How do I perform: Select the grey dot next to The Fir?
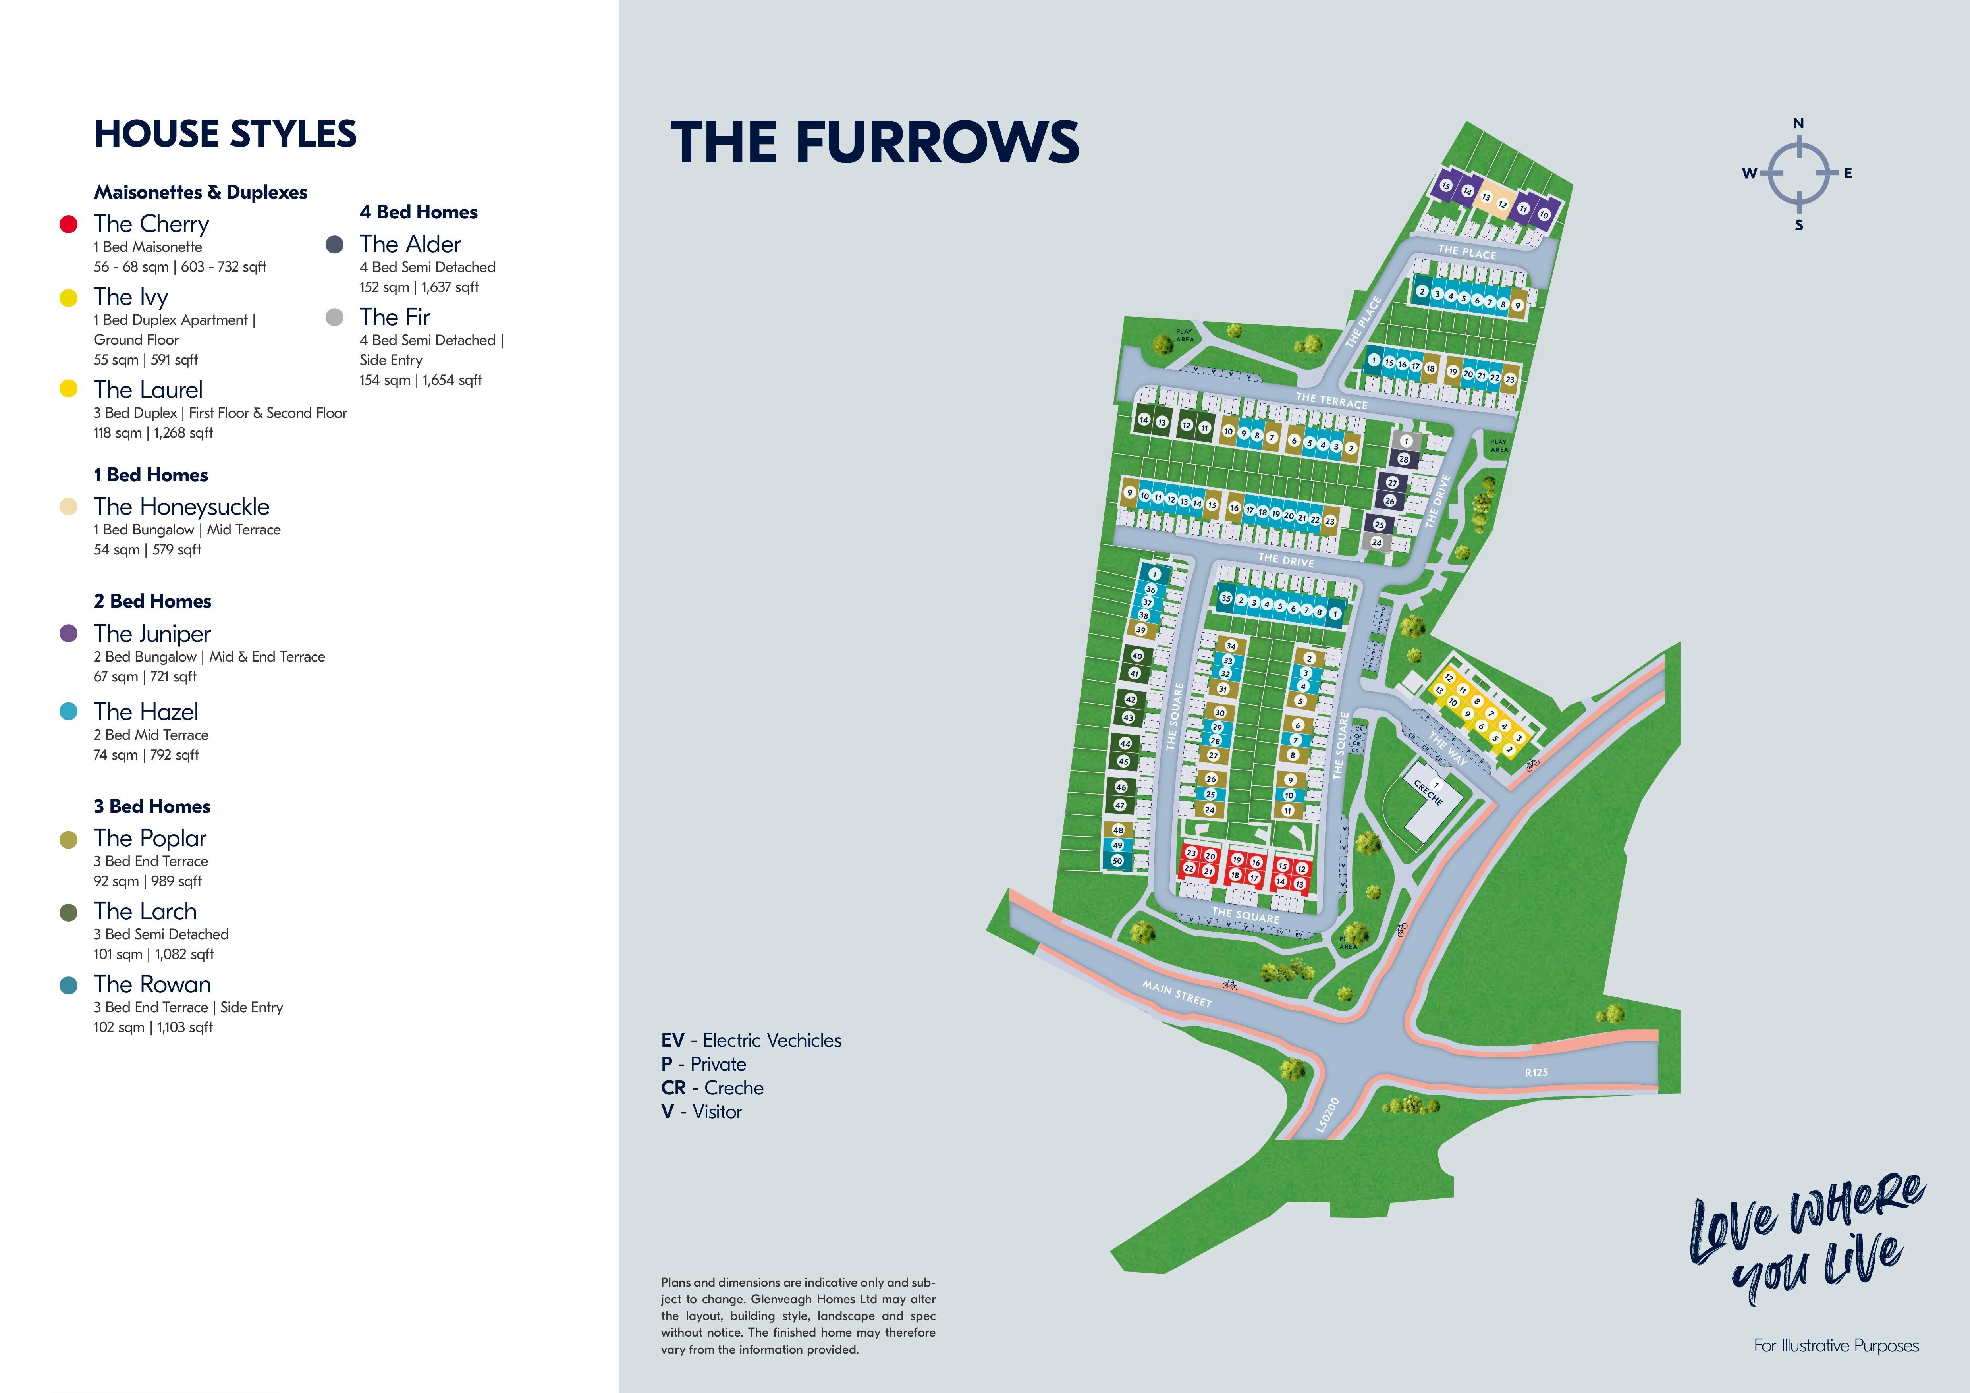335,317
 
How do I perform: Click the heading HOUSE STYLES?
225,134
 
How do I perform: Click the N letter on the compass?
1798,123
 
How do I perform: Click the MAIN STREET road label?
1176,993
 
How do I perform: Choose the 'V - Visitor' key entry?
701,1111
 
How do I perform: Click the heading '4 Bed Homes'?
418,212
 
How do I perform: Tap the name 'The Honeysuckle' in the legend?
181,507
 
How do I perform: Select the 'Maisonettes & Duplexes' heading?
200,192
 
